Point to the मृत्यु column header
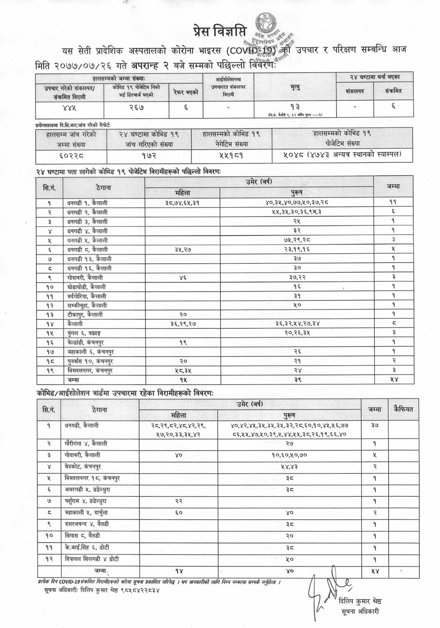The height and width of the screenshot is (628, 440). (x=295, y=87)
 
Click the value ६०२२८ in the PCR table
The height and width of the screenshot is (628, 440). (x=71, y=156)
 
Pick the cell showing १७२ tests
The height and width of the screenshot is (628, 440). (x=149, y=156)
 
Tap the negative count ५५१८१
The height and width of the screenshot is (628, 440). (x=231, y=156)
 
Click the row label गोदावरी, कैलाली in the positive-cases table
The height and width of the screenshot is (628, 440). (x=85, y=278)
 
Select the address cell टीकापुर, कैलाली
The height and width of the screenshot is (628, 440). (x=85, y=314)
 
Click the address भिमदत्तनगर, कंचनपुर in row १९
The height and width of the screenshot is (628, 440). (x=90, y=370)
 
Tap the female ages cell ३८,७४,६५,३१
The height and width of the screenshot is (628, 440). (x=182, y=203)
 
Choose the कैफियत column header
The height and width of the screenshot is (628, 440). (x=404, y=409)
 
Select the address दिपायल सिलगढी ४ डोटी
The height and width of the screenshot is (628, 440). (x=92, y=559)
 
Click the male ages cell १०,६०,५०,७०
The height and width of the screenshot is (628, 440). (x=289, y=455)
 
